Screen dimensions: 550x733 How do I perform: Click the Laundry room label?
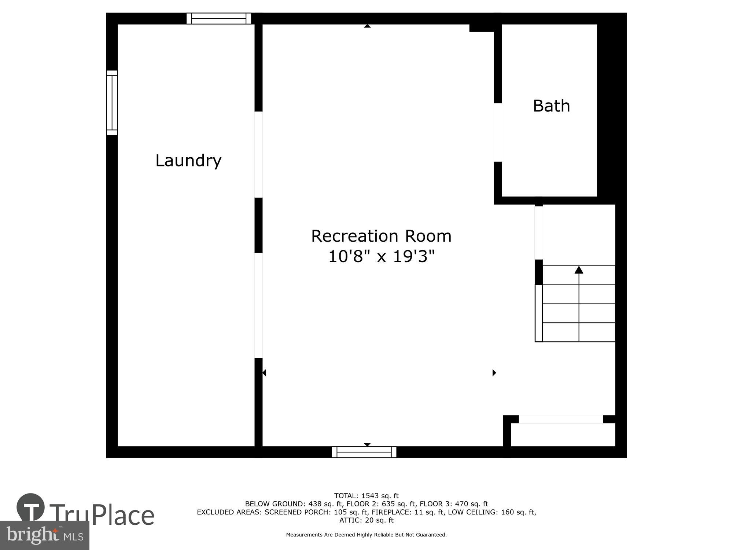[x=188, y=161]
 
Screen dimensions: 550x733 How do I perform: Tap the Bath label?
[x=551, y=106]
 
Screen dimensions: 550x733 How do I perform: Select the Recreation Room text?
[x=381, y=236]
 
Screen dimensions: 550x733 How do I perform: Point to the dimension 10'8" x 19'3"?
[x=381, y=256]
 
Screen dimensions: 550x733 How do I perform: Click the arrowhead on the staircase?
[x=579, y=270]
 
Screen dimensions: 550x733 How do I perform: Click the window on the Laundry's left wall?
[x=112, y=103]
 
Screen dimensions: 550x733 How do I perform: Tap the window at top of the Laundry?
[x=219, y=18]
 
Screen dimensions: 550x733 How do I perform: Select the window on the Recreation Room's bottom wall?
[x=364, y=452]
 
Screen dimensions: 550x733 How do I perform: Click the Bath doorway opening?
[x=498, y=132]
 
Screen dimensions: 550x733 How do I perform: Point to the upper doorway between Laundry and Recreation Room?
[x=258, y=154]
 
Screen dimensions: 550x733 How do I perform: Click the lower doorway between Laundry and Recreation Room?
[x=258, y=305]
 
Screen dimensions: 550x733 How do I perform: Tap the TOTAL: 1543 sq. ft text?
[x=366, y=496]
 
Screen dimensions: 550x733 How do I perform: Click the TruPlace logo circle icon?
[x=31, y=507]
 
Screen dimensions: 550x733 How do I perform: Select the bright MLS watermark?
[x=44, y=535]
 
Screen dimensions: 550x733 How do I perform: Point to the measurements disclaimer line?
[x=366, y=535]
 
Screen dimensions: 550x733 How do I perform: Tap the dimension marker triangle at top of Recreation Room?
[x=367, y=26]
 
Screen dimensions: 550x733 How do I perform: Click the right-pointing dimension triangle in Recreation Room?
[x=494, y=373]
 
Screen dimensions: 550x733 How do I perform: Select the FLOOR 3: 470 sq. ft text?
[x=454, y=504]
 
